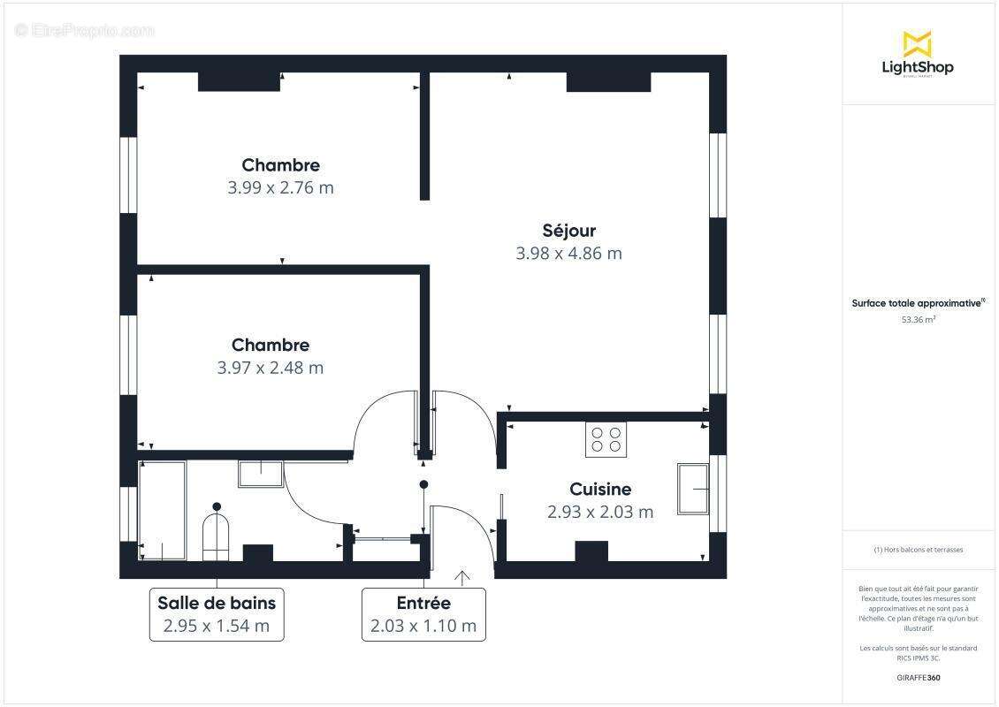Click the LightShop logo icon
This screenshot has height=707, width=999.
point(917,43)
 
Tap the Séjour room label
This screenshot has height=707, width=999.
point(568,231)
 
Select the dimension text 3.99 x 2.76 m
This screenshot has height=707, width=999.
point(281,187)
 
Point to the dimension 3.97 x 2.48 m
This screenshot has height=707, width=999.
point(271,368)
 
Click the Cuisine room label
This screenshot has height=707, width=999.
point(600,489)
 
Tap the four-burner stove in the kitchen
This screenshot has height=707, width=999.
point(606,439)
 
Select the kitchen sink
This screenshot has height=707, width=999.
point(693,488)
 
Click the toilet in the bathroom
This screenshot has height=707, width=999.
point(216,536)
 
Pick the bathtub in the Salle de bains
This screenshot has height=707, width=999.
point(162,510)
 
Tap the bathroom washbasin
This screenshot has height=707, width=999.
point(260,475)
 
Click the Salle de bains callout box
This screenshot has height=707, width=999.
point(217,614)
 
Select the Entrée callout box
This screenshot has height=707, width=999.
point(423,614)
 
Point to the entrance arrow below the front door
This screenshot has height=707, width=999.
point(461,579)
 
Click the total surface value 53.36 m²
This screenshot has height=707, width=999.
point(918,320)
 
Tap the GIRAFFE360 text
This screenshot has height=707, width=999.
point(918,678)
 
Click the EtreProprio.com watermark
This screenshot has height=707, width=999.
point(85,31)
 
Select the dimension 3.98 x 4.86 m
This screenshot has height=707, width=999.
point(568,254)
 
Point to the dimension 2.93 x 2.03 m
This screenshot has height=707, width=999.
point(600,512)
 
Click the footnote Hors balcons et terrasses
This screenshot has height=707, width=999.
point(918,550)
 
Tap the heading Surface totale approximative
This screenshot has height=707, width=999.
point(917,303)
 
